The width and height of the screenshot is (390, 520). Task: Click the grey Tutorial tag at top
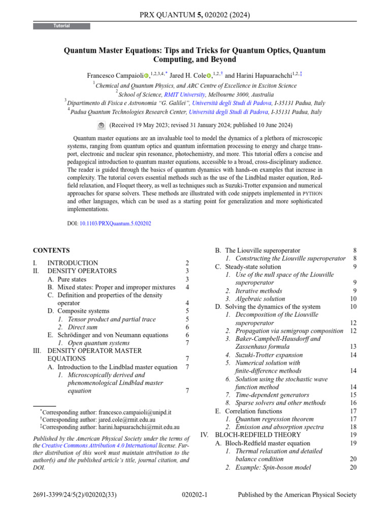pos(62,26)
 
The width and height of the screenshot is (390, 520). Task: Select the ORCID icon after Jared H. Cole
pos(209,76)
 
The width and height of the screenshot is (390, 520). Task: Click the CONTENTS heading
pos(51,250)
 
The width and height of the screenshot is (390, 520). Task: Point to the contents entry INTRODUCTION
pos(73,263)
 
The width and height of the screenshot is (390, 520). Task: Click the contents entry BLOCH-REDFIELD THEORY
pos(258,435)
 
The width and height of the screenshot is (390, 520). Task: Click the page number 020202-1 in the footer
pos(194,495)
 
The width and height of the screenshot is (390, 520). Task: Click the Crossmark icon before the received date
pos(101,125)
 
